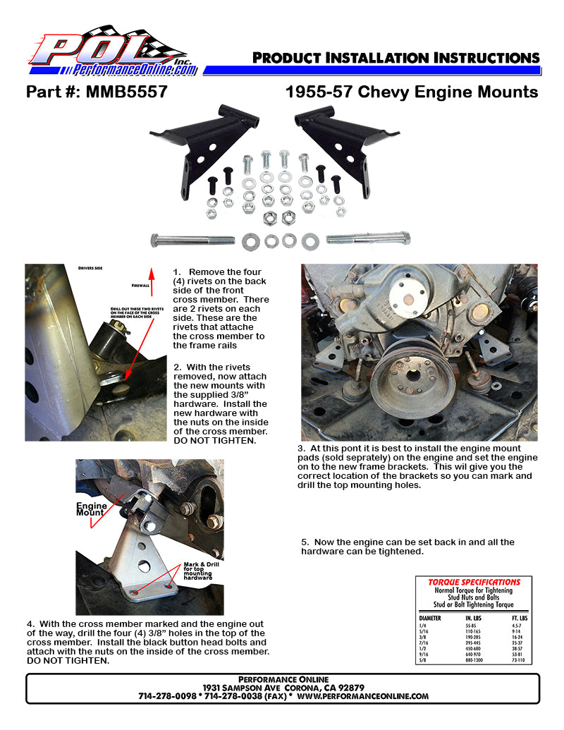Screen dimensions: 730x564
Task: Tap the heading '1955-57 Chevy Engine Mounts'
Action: (x=412, y=92)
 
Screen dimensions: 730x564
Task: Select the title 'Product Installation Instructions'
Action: (x=396, y=58)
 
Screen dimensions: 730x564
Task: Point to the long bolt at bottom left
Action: (x=192, y=241)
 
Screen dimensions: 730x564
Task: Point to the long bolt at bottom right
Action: (x=367, y=239)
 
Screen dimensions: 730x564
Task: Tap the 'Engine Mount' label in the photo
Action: (x=92, y=509)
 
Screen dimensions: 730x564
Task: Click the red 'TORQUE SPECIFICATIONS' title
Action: (x=474, y=582)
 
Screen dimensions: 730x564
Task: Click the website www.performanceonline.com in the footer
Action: (x=363, y=695)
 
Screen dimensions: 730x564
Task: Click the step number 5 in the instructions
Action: (x=305, y=542)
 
